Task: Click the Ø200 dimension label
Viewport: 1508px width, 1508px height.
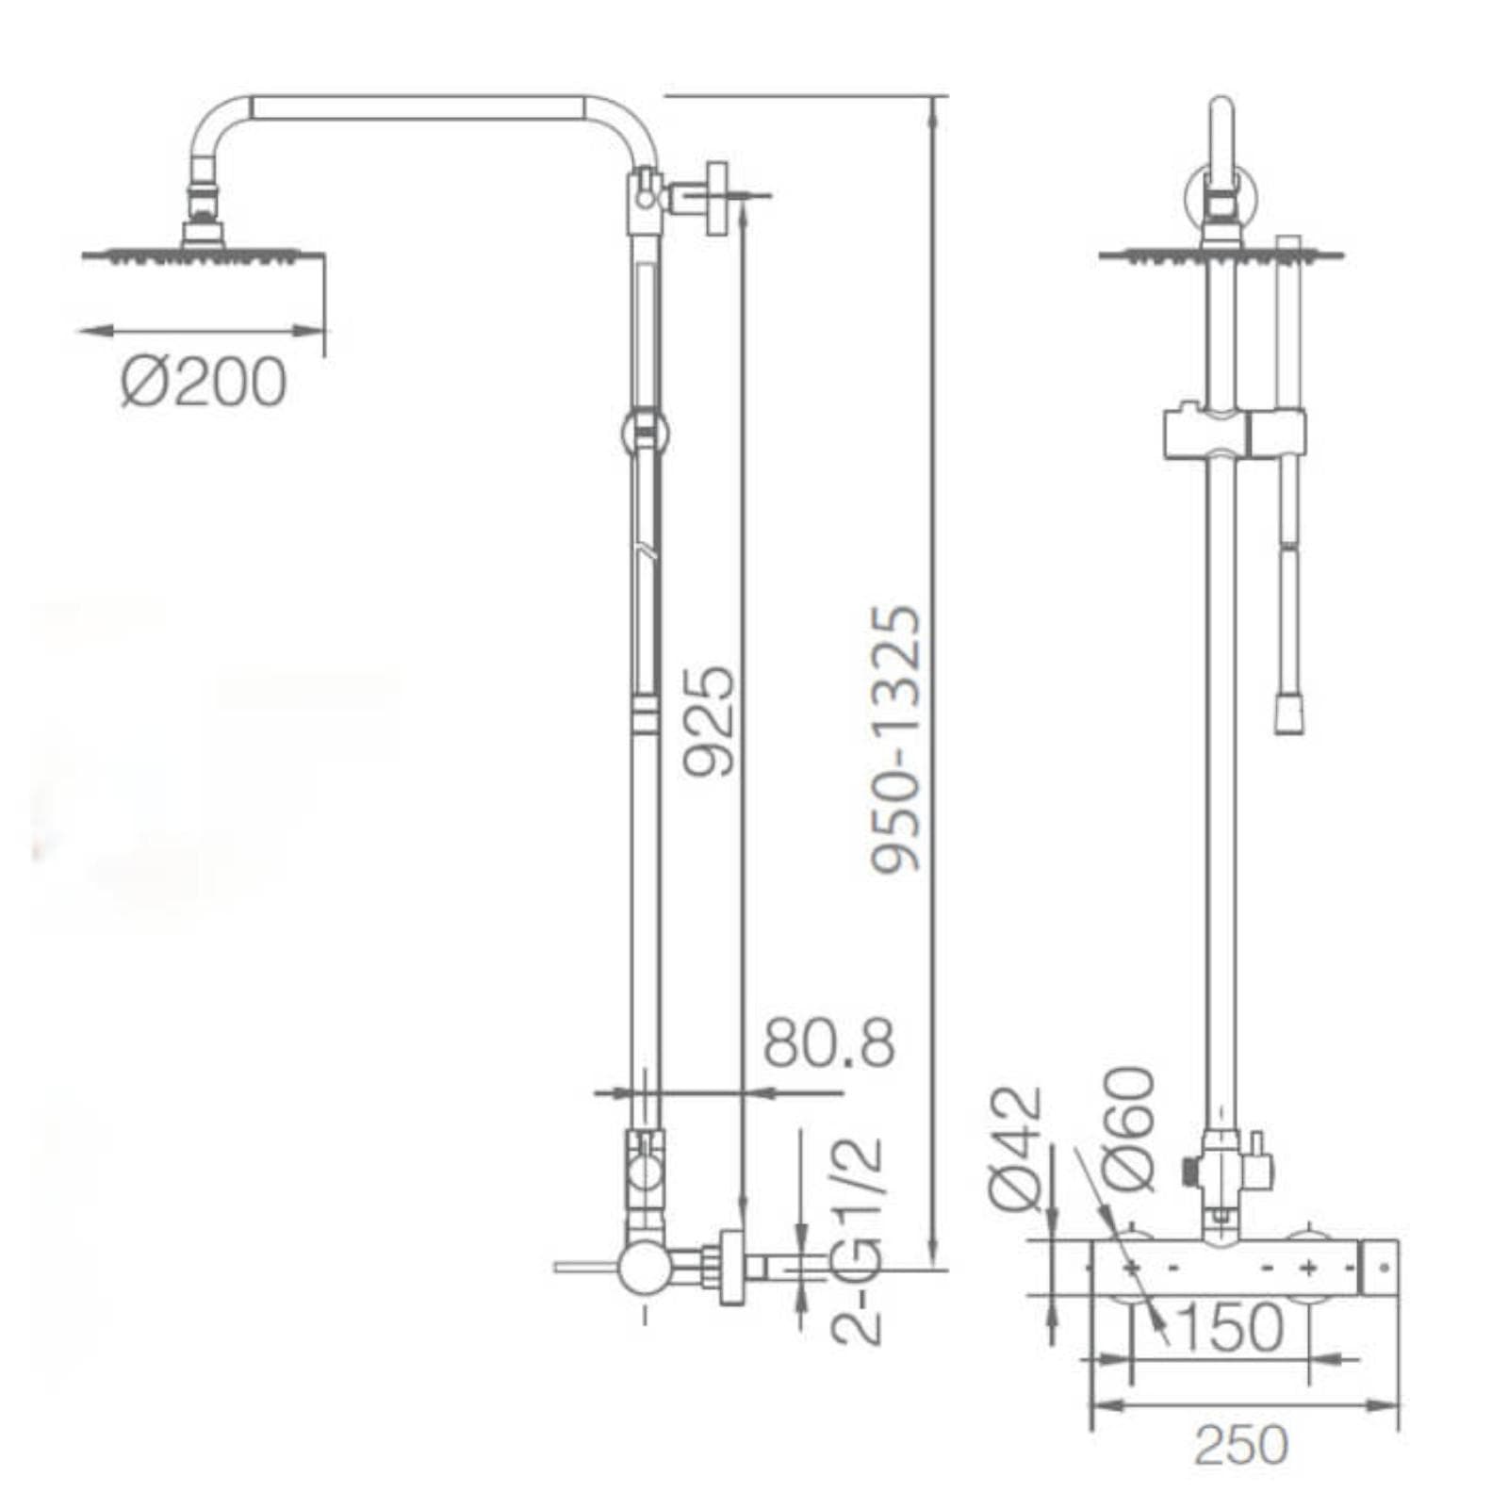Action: [x=204, y=382]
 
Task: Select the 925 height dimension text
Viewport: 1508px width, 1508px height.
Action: [x=708, y=722]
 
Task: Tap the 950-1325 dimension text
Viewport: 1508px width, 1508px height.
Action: [x=894, y=740]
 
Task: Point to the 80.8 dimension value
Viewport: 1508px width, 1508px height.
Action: [x=828, y=1042]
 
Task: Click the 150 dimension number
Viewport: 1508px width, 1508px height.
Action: [x=1230, y=1327]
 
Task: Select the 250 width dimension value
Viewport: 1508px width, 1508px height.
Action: [x=1240, y=1445]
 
